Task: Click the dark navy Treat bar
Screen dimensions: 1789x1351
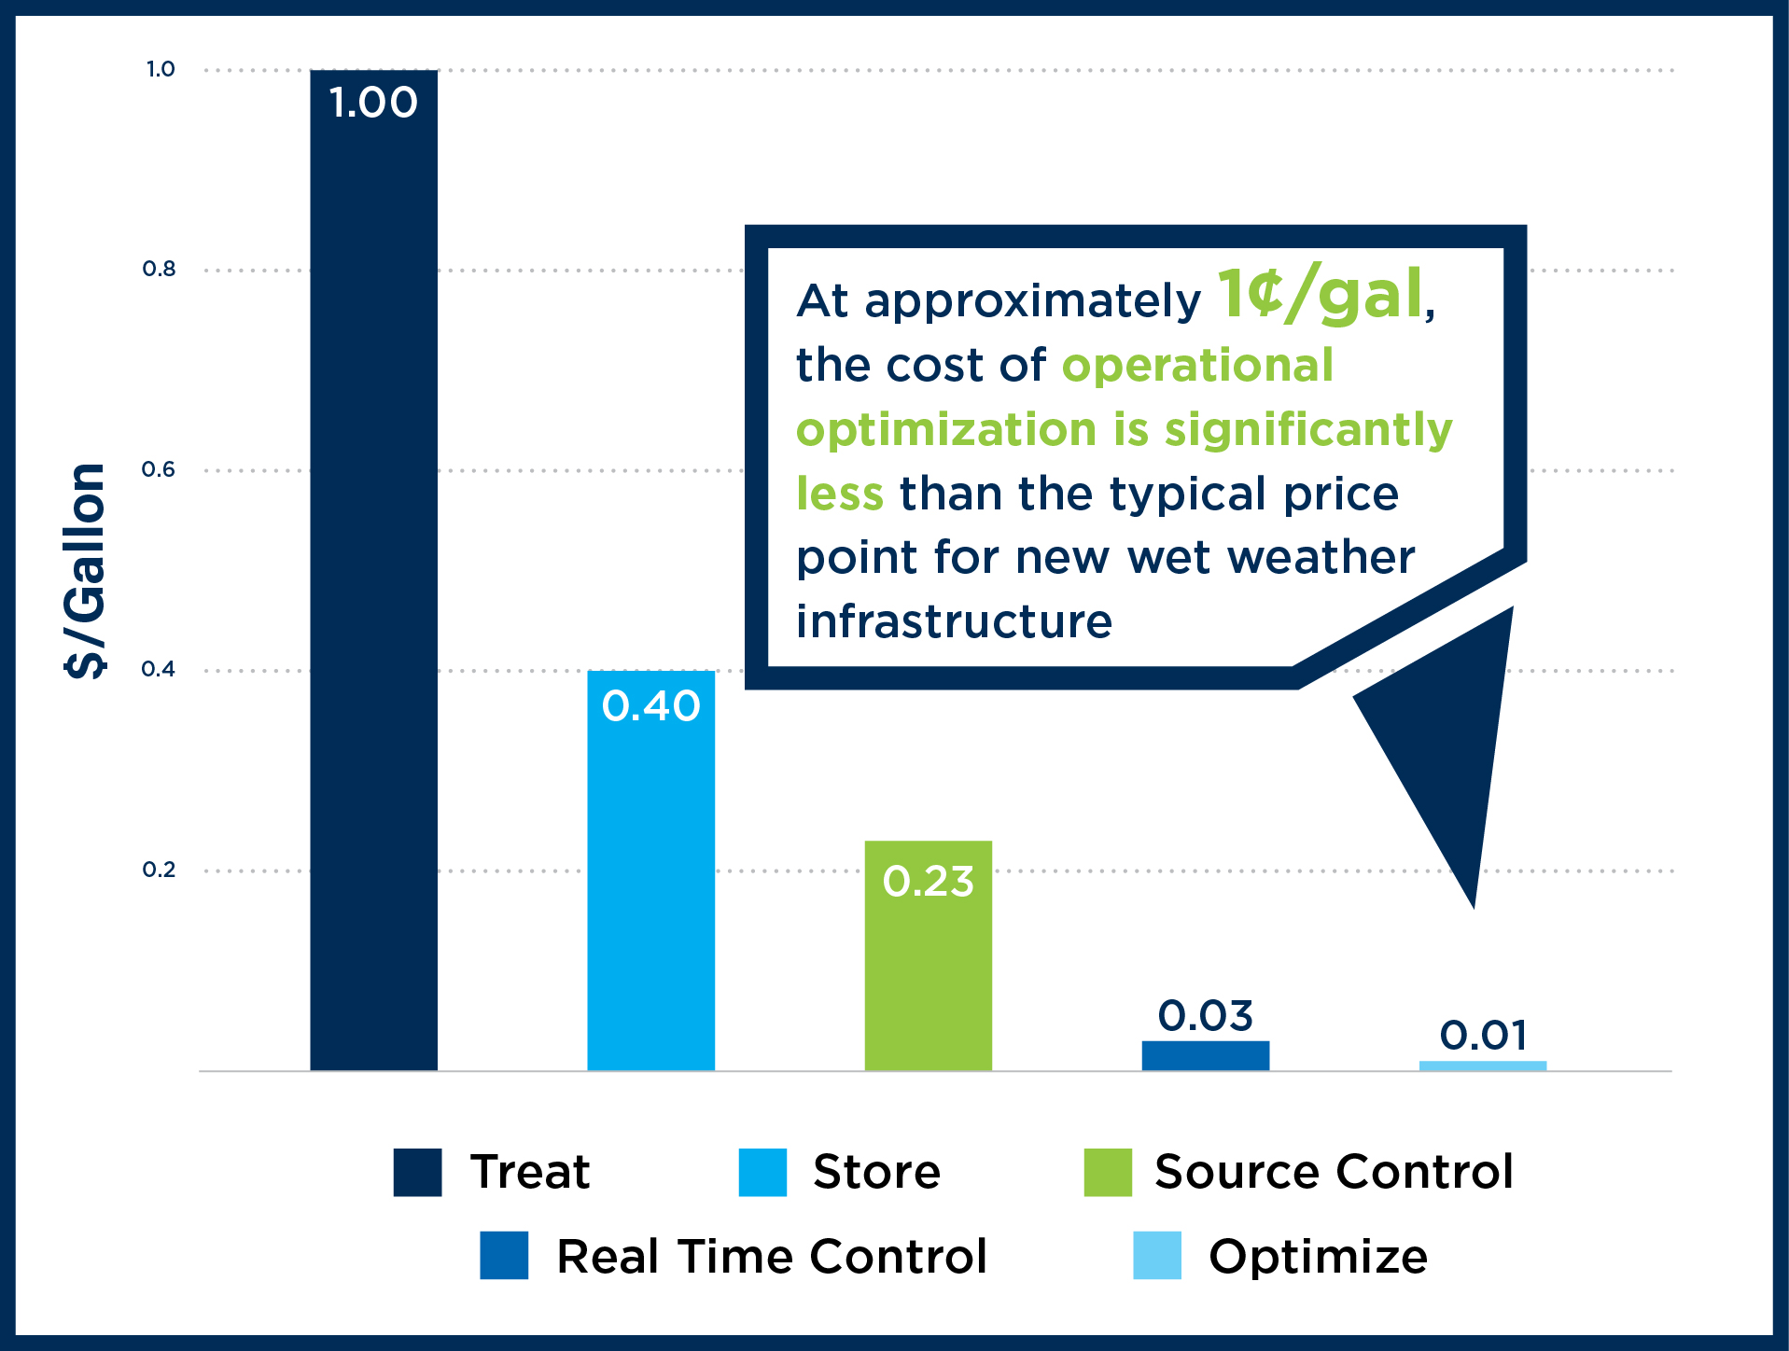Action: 373,570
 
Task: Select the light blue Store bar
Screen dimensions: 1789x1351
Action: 650,870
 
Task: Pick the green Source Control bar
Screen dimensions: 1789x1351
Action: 928,955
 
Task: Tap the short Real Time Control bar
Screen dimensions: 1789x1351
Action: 1205,1055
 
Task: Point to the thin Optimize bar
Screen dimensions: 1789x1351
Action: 1482,1065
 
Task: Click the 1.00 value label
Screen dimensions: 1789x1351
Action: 373,103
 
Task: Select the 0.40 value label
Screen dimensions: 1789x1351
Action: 650,706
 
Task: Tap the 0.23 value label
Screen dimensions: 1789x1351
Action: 928,882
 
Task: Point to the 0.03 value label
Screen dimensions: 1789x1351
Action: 1205,1016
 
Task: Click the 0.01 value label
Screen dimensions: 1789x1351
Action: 1483,1036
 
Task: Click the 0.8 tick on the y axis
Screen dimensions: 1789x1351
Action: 159,270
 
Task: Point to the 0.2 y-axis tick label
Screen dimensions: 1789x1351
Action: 159,870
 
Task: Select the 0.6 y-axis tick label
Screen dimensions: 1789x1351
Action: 159,469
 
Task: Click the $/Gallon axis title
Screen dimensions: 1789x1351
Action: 85,570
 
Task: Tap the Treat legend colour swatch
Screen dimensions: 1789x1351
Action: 417,1172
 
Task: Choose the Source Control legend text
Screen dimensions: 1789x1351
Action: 1334,1172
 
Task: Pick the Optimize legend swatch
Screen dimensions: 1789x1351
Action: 1157,1256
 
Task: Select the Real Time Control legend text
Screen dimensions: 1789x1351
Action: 772,1256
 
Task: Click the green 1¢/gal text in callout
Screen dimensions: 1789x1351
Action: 1320,296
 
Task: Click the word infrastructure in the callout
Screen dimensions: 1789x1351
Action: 954,621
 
